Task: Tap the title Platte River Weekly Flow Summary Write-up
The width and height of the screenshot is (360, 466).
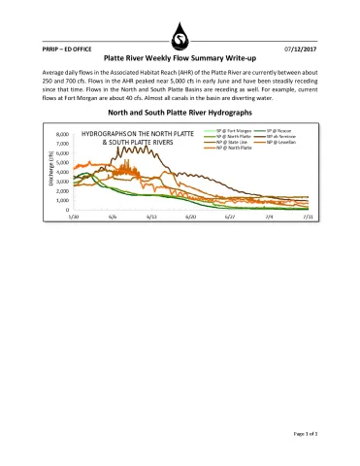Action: (x=180, y=58)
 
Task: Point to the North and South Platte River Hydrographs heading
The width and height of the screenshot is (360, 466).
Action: (x=180, y=113)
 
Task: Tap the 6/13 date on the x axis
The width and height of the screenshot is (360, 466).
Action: (x=151, y=217)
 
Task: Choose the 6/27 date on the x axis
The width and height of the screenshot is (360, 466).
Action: (x=230, y=217)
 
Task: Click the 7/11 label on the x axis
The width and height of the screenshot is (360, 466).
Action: (x=308, y=217)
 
